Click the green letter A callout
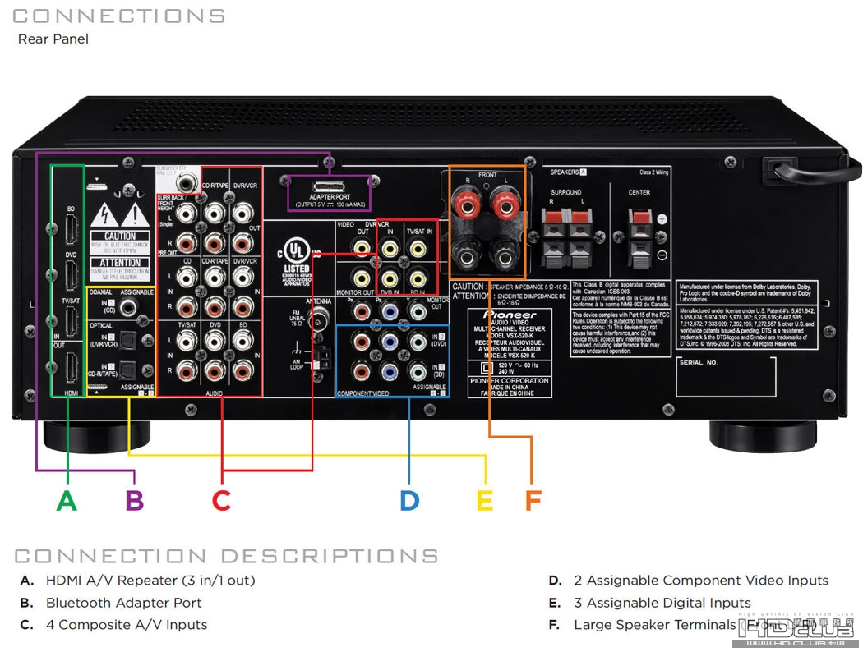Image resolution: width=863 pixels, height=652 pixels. pyautogui.click(x=67, y=500)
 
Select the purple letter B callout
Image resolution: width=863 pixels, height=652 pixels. pyautogui.click(x=135, y=500)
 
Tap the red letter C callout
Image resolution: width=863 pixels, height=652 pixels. pyautogui.click(x=221, y=500)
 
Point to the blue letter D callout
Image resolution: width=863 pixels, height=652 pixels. pyautogui.click(x=409, y=500)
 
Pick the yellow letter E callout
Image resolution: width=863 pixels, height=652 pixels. pyautogui.click(x=485, y=500)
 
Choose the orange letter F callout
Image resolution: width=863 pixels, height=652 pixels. pyautogui.click(x=533, y=500)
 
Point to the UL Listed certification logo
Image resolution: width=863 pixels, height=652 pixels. pyautogui.click(x=297, y=255)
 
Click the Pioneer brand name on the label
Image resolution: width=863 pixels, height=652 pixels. pyautogui.click(x=510, y=315)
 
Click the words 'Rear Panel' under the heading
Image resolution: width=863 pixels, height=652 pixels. pyautogui.click(x=53, y=39)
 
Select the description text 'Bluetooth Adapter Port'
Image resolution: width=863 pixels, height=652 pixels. pyautogui.click(x=123, y=602)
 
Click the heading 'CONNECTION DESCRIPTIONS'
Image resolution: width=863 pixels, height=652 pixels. pyautogui.click(x=226, y=556)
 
